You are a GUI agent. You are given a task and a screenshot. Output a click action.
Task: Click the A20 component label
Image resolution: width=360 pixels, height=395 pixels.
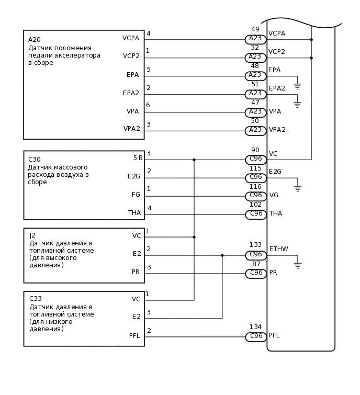[x=35, y=40]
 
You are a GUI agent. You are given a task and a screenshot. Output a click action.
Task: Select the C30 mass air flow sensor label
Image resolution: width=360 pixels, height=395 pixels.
[x=35, y=160]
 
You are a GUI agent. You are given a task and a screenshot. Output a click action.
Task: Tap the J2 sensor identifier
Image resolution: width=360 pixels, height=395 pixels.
[x=32, y=235]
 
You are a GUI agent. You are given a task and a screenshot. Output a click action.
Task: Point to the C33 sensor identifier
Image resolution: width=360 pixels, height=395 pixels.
[x=35, y=299]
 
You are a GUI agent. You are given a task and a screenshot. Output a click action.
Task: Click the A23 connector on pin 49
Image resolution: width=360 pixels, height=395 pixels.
[x=255, y=39]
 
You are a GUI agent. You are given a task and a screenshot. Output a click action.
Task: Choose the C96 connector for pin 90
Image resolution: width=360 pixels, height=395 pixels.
[x=256, y=160]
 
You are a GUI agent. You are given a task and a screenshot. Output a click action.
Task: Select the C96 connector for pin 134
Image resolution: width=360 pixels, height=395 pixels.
[x=256, y=337]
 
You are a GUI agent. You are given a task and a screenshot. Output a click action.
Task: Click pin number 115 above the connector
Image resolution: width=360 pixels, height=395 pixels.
[x=255, y=168]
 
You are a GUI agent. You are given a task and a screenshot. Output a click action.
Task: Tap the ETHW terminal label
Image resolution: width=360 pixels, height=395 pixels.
[x=278, y=249]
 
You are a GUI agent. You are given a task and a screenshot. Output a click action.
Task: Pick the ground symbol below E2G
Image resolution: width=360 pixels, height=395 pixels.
[x=297, y=188]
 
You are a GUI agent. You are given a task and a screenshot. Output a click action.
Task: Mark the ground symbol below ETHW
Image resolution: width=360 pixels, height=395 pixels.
[x=297, y=266]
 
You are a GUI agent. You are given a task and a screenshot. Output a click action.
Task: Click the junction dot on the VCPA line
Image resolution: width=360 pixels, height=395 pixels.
[x=311, y=39]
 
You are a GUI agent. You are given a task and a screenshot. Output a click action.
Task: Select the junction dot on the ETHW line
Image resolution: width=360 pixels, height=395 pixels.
[x=222, y=255]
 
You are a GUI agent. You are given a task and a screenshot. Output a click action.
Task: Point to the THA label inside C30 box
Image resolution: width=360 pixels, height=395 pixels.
[x=134, y=213]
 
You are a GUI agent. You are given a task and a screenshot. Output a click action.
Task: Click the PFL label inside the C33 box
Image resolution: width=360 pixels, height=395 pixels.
[x=134, y=336]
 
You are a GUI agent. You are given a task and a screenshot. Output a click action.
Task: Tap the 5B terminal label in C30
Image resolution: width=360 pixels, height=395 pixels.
[x=138, y=158]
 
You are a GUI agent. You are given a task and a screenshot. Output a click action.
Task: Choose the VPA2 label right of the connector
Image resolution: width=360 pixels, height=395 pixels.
[x=277, y=130]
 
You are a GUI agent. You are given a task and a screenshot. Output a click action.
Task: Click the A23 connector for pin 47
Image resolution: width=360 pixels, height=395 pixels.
[x=255, y=112]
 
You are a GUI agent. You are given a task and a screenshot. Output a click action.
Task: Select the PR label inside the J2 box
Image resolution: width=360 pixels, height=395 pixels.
[x=136, y=272]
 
